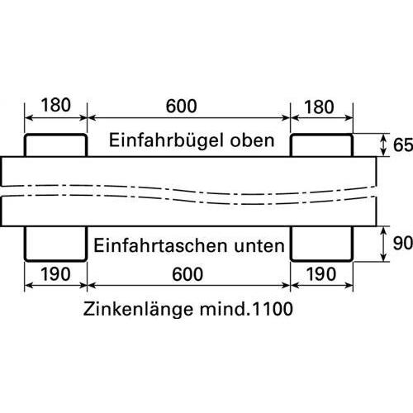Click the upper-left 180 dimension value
coord(55,105)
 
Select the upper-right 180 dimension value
coord(319,107)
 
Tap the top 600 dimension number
coord(182,106)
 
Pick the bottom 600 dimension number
coord(188,274)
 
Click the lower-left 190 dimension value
coord(55,274)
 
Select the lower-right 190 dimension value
coord(321,274)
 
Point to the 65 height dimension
coord(403,145)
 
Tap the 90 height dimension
coord(403,243)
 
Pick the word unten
coord(259,246)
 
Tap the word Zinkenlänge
coord(139,309)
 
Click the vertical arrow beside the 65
coord(382,145)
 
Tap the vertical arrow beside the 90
coord(382,244)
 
